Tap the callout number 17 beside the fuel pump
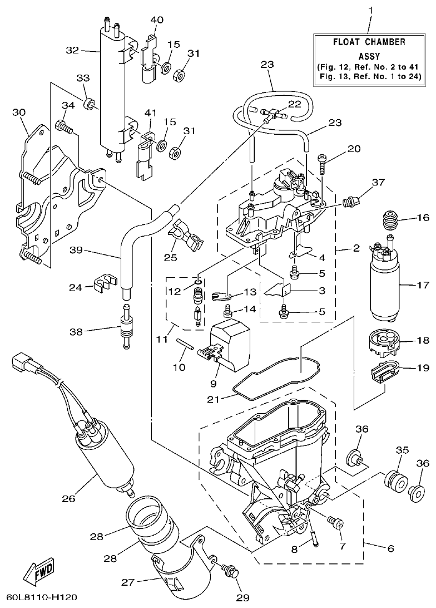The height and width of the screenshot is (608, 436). click(423, 285)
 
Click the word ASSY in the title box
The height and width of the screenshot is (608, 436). click(369, 56)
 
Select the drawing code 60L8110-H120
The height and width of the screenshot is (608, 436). click(39, 598)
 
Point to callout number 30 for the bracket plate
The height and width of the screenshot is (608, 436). click(19, 112)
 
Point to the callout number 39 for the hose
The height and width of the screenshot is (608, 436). click(76, 250)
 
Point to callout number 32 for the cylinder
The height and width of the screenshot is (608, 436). click(73, 51)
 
